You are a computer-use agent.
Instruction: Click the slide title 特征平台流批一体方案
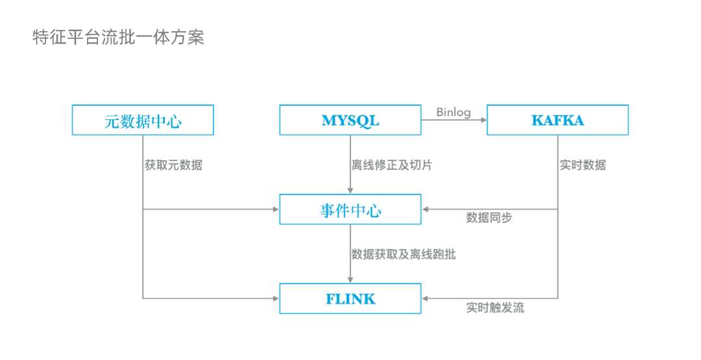point(118,38)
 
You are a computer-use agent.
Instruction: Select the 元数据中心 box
point(142,120)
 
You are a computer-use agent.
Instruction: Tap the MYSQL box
point(350,120)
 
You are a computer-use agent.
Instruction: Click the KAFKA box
point(558,120)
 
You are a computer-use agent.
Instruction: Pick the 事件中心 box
point(350,210)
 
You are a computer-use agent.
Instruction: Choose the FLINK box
point(350,298)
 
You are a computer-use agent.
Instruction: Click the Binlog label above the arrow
point(453,112)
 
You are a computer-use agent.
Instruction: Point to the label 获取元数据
point(173,165)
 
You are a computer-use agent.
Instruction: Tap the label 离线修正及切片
point(391,165)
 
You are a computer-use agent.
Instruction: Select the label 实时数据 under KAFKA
point(582,165)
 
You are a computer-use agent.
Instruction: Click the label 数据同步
point(489,218)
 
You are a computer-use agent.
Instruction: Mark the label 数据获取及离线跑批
point(403,254)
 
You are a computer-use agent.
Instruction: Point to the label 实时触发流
point(495,307)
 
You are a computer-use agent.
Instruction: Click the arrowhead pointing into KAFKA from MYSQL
point(483,120)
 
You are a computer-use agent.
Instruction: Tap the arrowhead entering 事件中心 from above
point(350,190)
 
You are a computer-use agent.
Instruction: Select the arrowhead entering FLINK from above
point(350,280)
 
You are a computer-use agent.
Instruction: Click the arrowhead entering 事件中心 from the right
point(426,210)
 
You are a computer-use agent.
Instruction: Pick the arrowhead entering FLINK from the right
point(426,298)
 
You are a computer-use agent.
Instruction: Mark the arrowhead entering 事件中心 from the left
point(275,210)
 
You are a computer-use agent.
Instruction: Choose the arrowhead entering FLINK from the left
point(275,298)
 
